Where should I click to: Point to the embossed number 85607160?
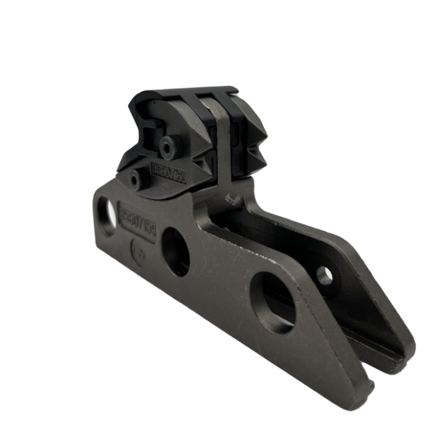pyautogui.click(x=169, y=167)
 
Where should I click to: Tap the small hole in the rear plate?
pyautogui.click(x=324, y=275)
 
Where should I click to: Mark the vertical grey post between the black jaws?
pyautogui.click(x=221, y=140)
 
